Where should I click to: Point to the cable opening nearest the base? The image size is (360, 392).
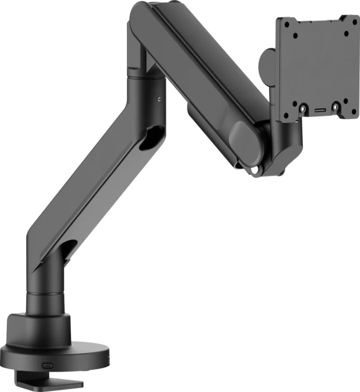click(x=68, y=249)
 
